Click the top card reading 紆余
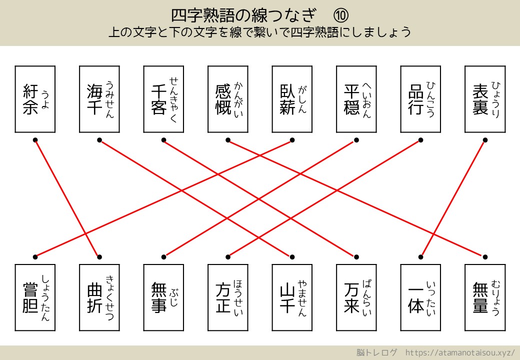[x=35, y=99]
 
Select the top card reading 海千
[x=99, y=99]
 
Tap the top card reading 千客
[x=163, y=99]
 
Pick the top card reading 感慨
[x=228, y=99]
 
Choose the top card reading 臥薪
[x=292, y=99]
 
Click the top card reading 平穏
[x=356, y=99]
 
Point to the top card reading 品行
[x=420, y=99]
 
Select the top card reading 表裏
[x=484, y=99]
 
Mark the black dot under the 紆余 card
[x=35, y=139]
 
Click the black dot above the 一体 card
[x=420, y=257]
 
